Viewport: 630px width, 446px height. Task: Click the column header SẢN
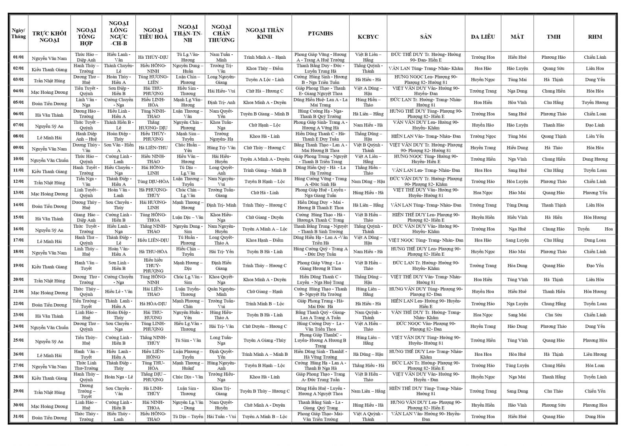(x=426, y=37)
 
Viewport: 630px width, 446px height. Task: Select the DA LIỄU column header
(x=483, y=37)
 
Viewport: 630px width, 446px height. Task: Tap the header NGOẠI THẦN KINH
(x=265, y=33)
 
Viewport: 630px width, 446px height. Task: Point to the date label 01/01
(x=19, y=57)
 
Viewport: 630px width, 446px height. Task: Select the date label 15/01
(x=19, y=217)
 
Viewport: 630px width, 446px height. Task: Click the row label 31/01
(x=19, y=416)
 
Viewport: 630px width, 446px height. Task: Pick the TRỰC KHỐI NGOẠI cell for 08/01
(x=49, y=137)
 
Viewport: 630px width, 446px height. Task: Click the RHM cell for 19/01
(x=595, y=266)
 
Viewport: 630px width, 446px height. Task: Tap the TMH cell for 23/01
(x=553, y=315)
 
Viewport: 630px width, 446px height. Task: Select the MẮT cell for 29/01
(x=517, y=391)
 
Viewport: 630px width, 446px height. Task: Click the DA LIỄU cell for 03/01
(x=483, y=80)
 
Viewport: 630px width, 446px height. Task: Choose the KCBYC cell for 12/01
(x=368, y=182)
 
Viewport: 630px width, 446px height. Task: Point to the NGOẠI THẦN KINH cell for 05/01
(x=265, y=102)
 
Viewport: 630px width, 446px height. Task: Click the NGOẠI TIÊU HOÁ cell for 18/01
(x=153, y=252)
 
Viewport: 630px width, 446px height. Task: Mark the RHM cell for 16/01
(x=595, y=229)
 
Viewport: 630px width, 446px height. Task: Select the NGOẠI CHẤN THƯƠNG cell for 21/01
(x=221, y=292)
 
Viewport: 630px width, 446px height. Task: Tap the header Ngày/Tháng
(x=19, y=33)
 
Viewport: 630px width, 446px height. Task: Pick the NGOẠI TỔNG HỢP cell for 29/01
(x=86, y=391)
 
